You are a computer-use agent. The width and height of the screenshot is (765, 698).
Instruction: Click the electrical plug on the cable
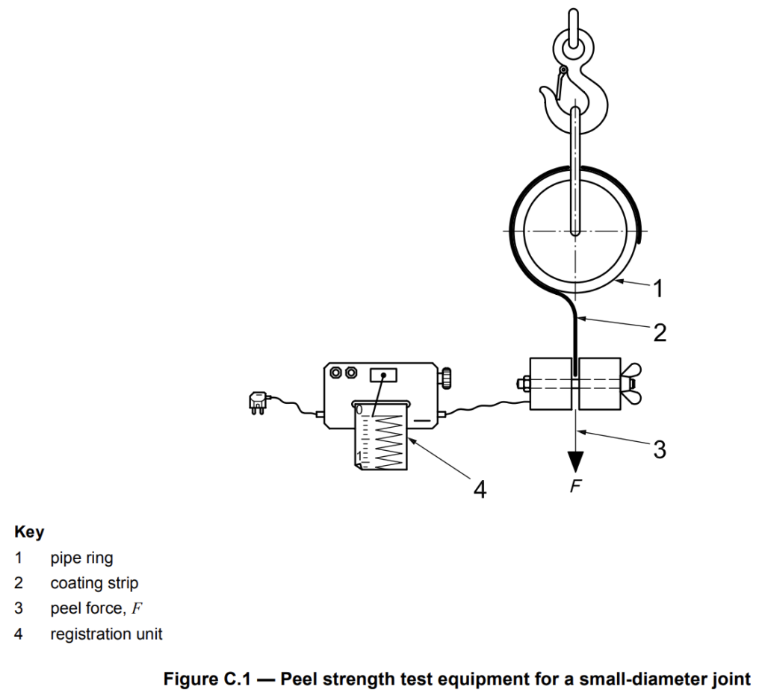point(258,402)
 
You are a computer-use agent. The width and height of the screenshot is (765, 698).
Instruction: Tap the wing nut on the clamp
point(631,384)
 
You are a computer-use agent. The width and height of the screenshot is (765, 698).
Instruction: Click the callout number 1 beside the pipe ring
point(657,288)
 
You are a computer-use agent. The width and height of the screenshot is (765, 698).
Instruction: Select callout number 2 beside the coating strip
point(660,332)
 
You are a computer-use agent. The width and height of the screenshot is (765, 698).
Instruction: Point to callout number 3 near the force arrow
point(660,449)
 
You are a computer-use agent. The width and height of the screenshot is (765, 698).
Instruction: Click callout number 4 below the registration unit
point(480,489)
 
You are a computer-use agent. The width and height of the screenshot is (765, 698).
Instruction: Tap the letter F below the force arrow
point(576,485)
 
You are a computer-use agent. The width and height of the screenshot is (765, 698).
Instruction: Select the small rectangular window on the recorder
point(383,376)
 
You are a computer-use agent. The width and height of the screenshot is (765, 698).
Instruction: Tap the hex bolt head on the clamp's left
point(524,384)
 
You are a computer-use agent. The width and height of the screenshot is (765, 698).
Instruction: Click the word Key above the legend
point(29,532)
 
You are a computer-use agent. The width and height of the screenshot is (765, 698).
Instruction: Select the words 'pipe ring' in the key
point(81,558)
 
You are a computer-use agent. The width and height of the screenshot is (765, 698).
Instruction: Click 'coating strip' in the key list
point(94,583)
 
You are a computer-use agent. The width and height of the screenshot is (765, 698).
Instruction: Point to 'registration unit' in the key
point(106,634)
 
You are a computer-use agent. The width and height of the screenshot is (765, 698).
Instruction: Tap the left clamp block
point(551,384)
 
